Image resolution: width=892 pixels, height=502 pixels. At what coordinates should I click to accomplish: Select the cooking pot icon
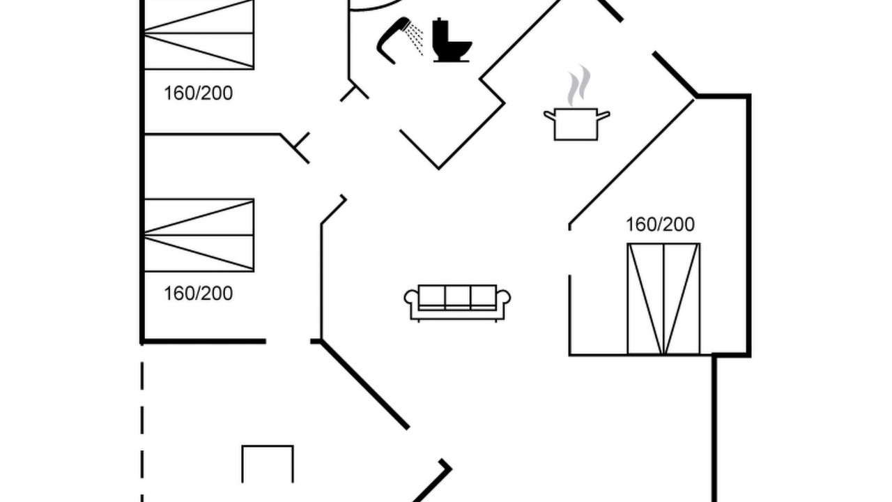[576, 124]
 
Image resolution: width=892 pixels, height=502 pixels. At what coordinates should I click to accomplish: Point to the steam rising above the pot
[579, 85]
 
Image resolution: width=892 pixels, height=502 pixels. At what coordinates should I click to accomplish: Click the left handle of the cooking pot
[549, 116]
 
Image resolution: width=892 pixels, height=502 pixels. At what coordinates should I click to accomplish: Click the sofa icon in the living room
[457, 303]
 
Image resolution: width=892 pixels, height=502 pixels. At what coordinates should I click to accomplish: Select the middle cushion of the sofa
[458, 297]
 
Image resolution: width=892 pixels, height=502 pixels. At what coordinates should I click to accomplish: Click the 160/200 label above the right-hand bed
[660, 225]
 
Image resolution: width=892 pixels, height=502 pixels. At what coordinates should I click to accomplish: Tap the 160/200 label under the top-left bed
[199, 93]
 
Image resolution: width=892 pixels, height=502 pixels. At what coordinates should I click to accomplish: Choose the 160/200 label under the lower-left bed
[199, 294]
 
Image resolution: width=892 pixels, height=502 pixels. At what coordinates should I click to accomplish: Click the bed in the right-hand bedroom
[663, 299]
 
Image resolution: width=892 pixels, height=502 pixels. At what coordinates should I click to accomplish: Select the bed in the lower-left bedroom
[199, 236]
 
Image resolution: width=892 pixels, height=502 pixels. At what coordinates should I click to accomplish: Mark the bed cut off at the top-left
[199, 35]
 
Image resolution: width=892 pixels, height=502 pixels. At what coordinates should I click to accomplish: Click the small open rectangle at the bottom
[268, 446]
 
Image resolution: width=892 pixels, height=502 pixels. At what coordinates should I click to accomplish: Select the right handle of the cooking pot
[603, 116]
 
